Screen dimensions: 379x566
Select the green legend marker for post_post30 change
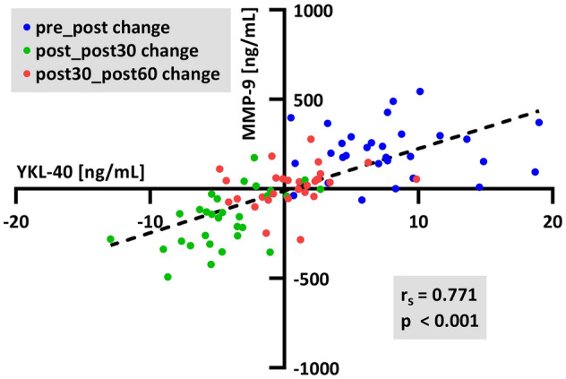point(28,50)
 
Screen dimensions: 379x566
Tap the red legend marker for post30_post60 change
point(28,74)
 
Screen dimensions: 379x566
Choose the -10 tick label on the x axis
point(150,221)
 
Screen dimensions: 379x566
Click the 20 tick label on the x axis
point(553,221)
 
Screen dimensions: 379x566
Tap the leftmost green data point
point(111,239)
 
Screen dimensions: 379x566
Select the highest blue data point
point(420,91)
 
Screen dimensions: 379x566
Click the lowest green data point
point(167,277)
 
